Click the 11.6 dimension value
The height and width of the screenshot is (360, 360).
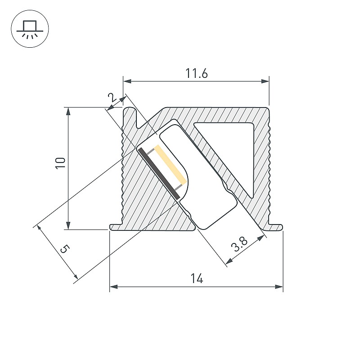click(x=196, y=73)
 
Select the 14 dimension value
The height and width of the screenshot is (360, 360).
click(x=197, y=279)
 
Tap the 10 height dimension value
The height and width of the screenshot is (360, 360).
click(x=61, y=163)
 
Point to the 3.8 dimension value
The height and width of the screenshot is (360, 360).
click(x=239, y=244)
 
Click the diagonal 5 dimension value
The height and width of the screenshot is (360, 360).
click(x=64, y=249)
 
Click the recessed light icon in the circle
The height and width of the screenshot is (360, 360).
click(x=30, y=29)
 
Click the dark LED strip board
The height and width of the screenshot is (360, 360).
click(x=158, y=174)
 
